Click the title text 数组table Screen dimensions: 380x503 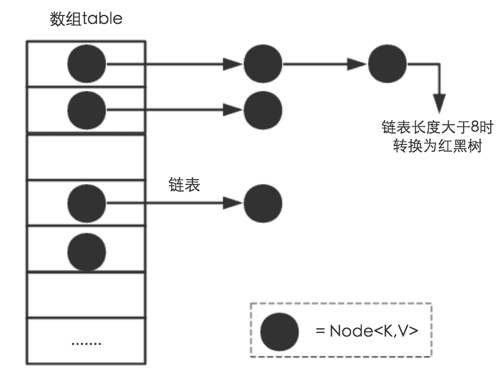86,19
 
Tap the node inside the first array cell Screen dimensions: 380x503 87,65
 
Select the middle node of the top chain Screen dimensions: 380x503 262,65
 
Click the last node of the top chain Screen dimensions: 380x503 387,65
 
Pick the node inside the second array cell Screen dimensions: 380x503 87,109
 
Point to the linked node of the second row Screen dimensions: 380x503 262,109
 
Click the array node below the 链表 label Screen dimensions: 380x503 87,203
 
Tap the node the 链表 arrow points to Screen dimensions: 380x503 262,203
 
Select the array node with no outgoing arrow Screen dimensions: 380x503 87,251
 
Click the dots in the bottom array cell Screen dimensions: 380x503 86,343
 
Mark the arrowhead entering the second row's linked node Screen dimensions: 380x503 233,109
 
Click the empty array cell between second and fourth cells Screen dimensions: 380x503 86,156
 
